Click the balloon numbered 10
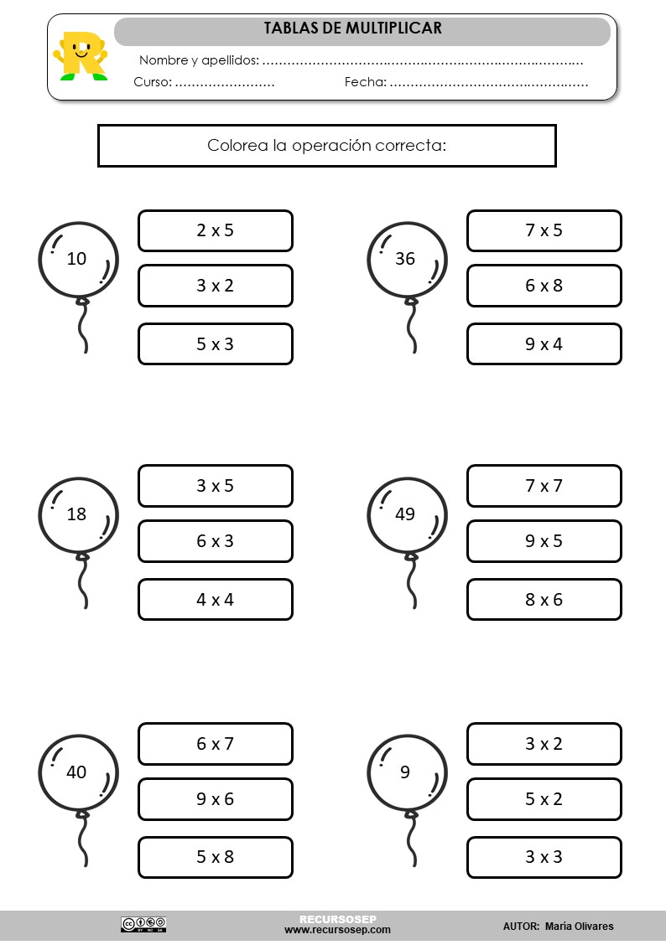(78, 260)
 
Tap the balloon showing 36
(407, 260)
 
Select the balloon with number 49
(407, 514)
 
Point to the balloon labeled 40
(78, 772)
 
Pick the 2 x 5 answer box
(215, 230)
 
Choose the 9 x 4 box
(544, 344)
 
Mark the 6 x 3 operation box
(215, 541)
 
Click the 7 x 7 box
(544, 486)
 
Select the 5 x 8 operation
(215, 857)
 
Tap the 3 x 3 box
(544, 857)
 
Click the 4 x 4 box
(215, 600)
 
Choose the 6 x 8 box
(544, 286)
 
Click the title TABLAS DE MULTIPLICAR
(353, 28)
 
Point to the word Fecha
(365, 82)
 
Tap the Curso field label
(152, 82)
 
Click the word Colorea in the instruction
(237, 146)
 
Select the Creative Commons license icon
(143, 924)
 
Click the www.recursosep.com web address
(337, 930)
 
